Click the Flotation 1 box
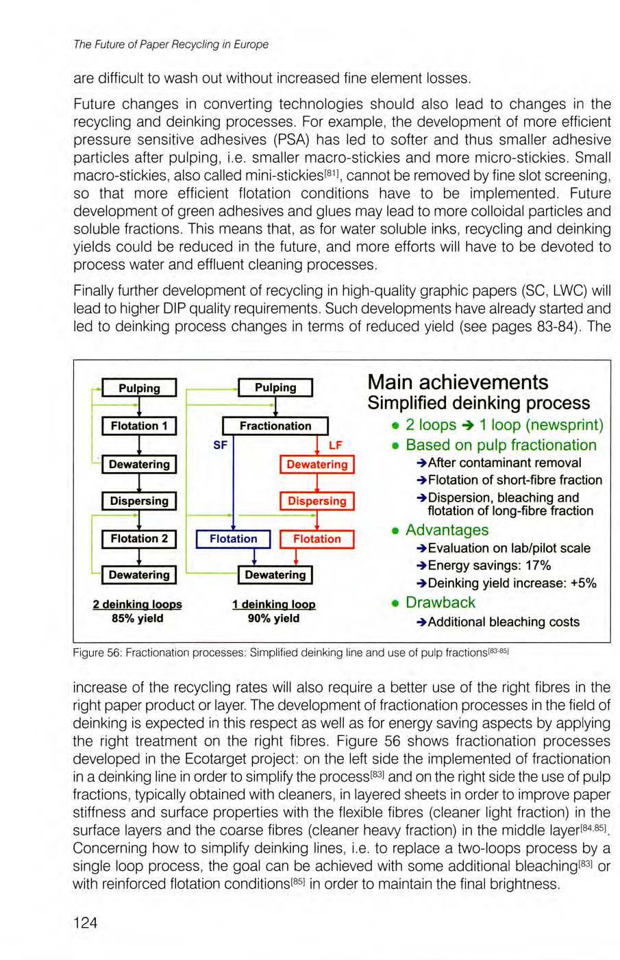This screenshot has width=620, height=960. pos(139,426)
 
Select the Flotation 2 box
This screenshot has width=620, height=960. pos(139,539)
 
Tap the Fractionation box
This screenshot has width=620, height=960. pos(275,426)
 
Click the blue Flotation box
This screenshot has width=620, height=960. pos(233,539)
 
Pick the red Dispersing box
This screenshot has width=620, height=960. pos(317,501)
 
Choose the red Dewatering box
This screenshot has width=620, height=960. pos(317,465)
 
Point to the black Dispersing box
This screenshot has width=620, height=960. pos(139,501)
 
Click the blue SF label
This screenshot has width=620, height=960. pos(220,445)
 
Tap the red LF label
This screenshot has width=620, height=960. pos(336,445)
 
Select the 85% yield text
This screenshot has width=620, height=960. pos(138,618)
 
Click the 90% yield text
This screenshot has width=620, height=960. pos(274,618)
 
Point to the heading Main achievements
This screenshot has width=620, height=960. pos(458,382)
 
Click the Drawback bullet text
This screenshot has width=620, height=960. pos(440,602)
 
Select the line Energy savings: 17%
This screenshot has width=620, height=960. pos(489,565)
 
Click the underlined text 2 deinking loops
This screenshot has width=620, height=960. pos(138,604)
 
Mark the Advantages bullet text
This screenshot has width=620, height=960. pos(447,530)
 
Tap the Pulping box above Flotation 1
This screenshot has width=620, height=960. pos(139,388)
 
